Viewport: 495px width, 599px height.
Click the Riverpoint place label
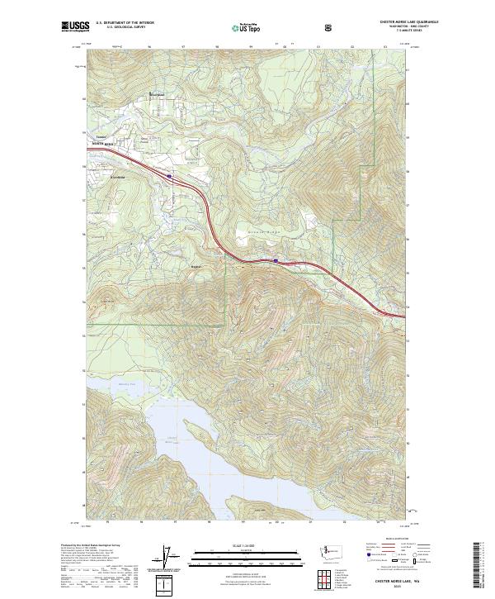coord(156,93)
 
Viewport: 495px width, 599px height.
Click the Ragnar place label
coord(196,266)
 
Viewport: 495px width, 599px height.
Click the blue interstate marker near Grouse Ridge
coord(275,261)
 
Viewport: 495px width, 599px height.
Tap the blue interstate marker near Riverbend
coord(169,175)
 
